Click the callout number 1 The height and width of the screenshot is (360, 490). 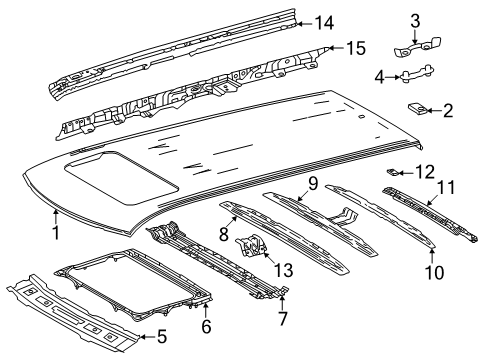click(56, 233)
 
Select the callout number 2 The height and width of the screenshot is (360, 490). click(448, 111)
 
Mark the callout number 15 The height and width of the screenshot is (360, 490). click(356, 47)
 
